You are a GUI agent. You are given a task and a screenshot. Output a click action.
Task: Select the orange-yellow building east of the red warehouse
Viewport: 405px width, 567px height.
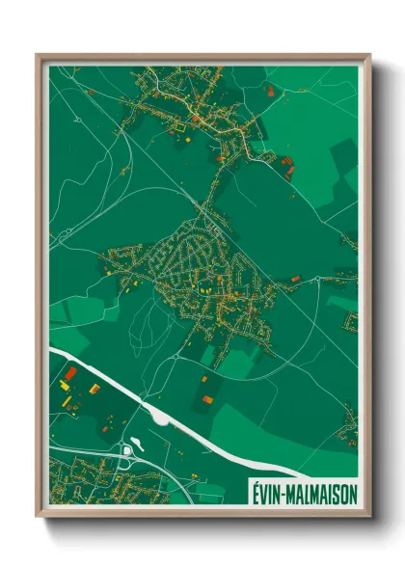click(94, 389)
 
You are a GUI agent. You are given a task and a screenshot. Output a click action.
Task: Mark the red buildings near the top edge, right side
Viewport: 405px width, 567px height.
click(271, 91)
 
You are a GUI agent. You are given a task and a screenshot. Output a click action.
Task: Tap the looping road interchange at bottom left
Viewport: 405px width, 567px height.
click(125, 452)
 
